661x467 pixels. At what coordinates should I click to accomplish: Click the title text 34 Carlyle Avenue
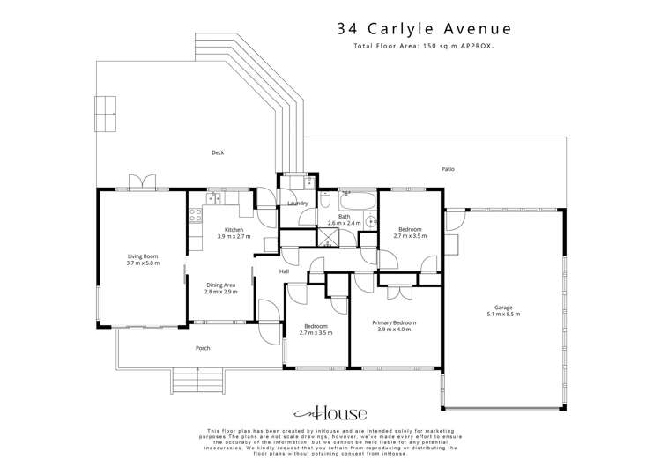pos(423,28)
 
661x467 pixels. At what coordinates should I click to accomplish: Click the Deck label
pos(217,152)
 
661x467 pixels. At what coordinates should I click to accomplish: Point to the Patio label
pos(448,168)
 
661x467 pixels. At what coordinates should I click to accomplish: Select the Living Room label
pos(142,256)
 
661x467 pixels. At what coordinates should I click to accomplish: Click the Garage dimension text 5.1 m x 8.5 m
pos(504,314)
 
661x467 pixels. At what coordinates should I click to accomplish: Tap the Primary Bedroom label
pos(396,322)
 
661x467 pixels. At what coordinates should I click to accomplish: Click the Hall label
pos(285,271)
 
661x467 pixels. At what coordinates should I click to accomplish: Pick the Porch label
pos(203,348)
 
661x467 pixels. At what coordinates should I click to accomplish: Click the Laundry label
pos(297,204)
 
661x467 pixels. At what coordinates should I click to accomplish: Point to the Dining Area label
pos(220,285)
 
